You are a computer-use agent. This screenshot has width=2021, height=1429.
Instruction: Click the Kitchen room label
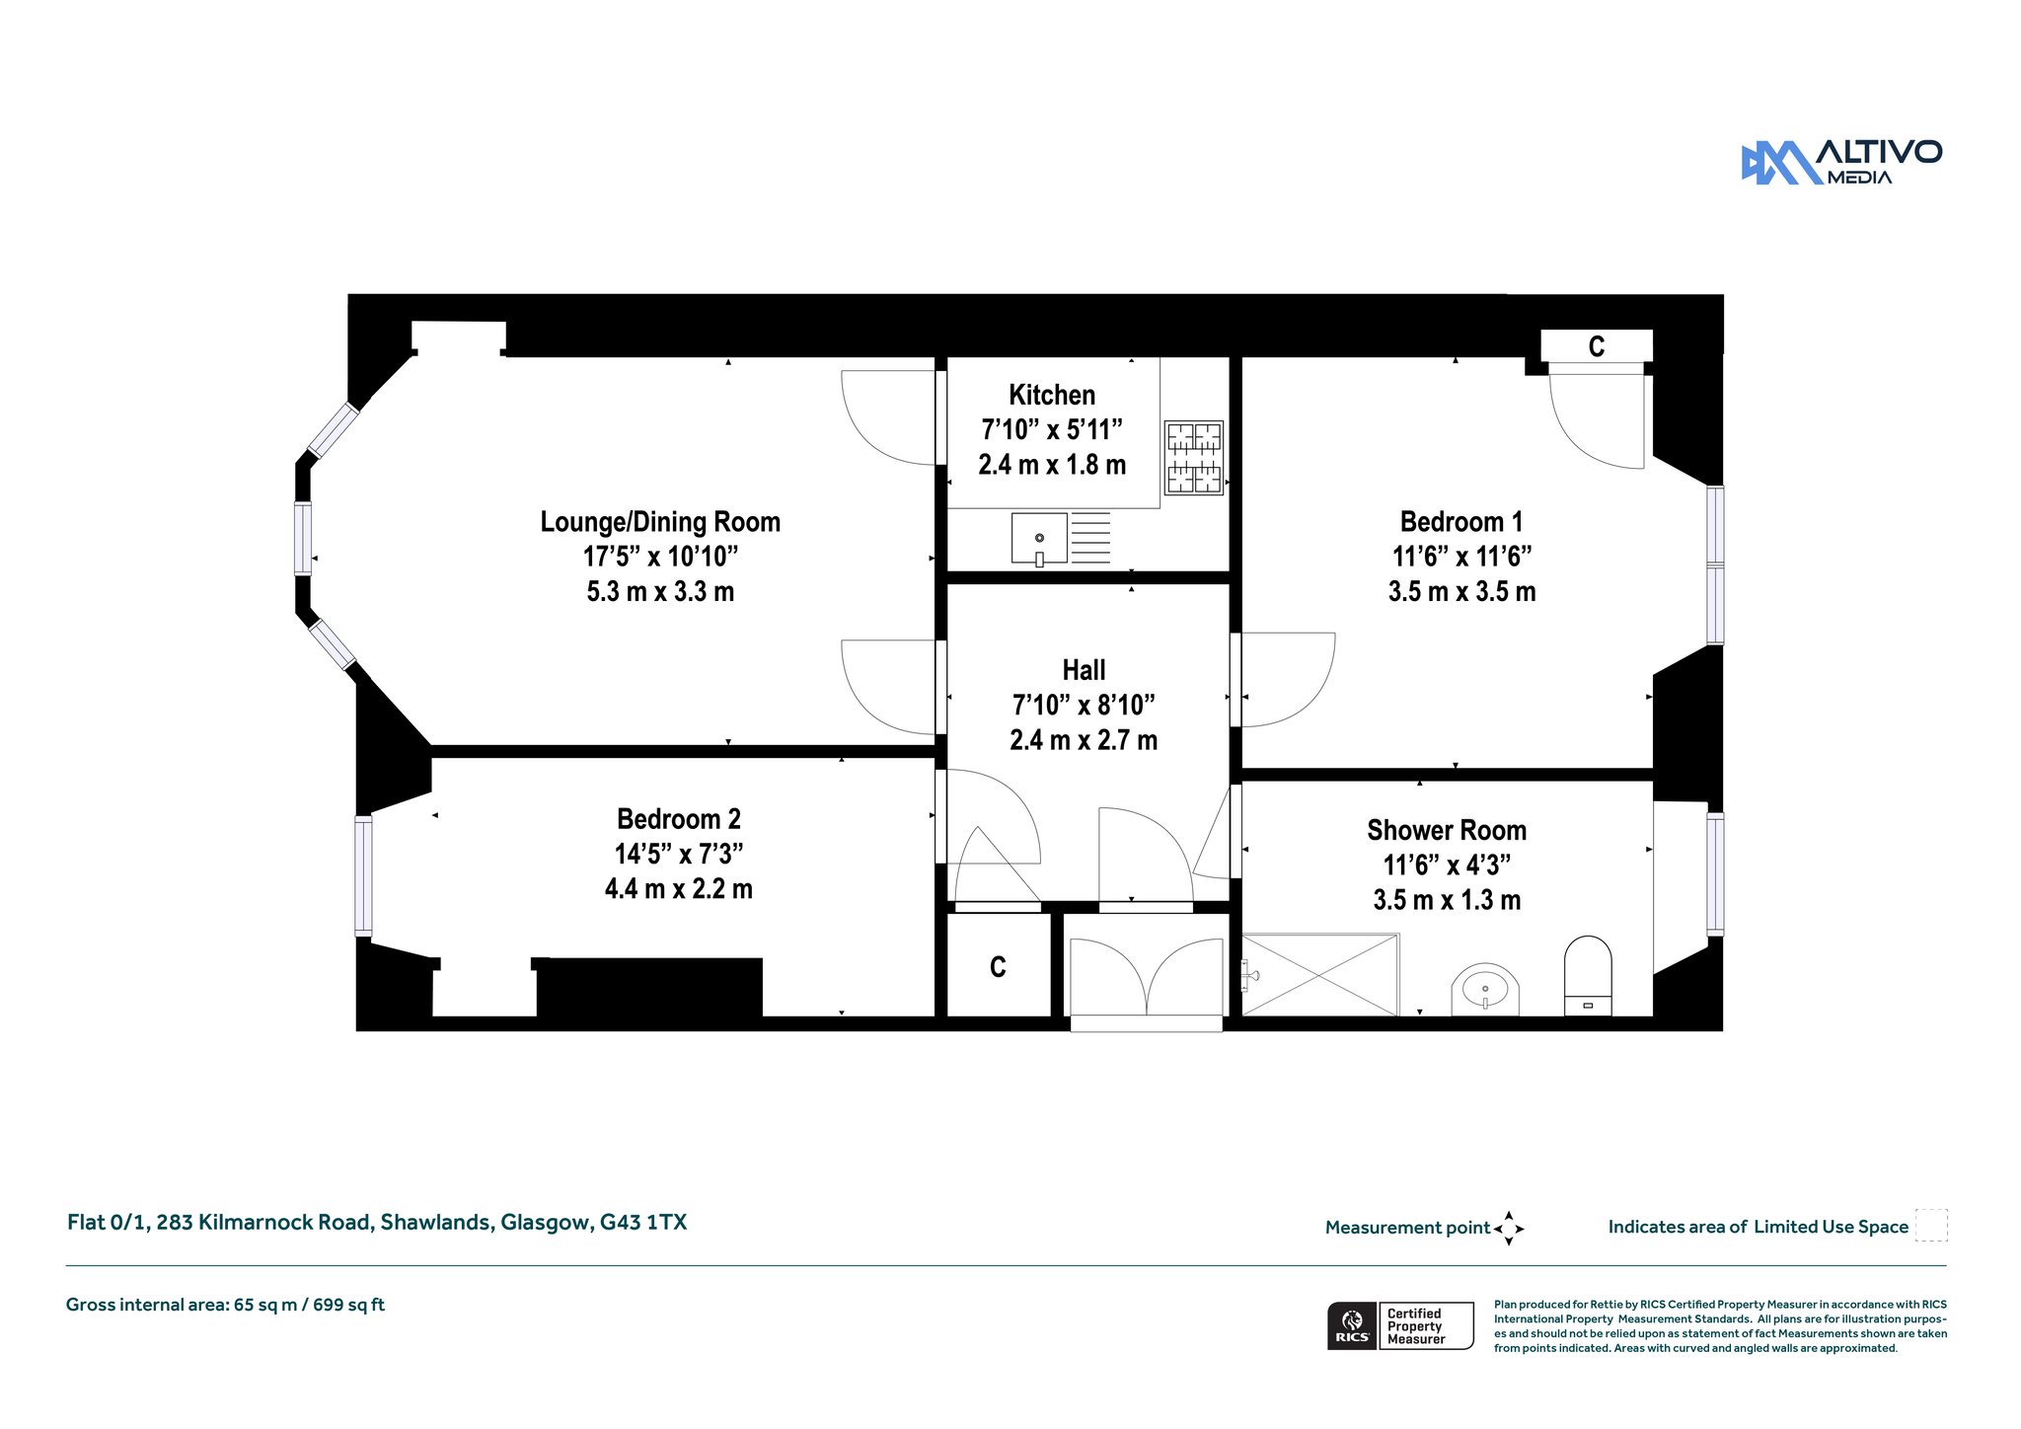pyautogui.click(x=1052, y=395)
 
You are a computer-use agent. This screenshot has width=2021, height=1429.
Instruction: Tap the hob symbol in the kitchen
pyautogui.click(x=1194, y=458)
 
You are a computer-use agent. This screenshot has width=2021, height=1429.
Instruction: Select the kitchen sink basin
pyautogui.click(x=1039, y=539)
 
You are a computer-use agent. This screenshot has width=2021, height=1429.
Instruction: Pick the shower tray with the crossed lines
pyautogui.click(x=1320, y=975)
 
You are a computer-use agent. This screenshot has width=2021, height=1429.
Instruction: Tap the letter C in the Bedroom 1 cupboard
pyautogui.click(x=1597, y=346)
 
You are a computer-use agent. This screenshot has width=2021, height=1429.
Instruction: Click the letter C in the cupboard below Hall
pyautogui.click(x=998, y=967)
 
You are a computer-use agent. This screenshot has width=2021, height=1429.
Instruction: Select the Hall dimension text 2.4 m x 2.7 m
pyautogui.click(x=1084, y=740)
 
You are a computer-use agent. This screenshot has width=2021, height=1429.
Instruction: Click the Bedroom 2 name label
pyautogui.click(x=679, y=819)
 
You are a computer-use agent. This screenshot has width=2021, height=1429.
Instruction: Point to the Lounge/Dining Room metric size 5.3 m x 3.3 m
pyautogui.click(x=660, y=592)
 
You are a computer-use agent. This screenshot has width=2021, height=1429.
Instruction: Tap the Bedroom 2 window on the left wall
pyautogui.click(x=364, y=875)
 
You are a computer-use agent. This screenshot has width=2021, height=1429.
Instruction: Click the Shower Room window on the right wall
pyautogui.click(x=1715, y=873)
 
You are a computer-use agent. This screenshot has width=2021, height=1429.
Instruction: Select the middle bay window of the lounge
pyautogui.click(x=303, y=538)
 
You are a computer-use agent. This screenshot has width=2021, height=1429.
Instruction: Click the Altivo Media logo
pyautogui.click(x=1841, y=162)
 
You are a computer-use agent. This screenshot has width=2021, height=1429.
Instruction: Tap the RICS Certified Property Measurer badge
pyautogui.click(x=1400, y=1326)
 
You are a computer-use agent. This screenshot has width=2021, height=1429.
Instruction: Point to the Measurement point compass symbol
pyautogui.click(x=1509, y=1229)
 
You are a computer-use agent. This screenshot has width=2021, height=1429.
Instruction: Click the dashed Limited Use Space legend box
pyautogui.click(x=1931, y=1226)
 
